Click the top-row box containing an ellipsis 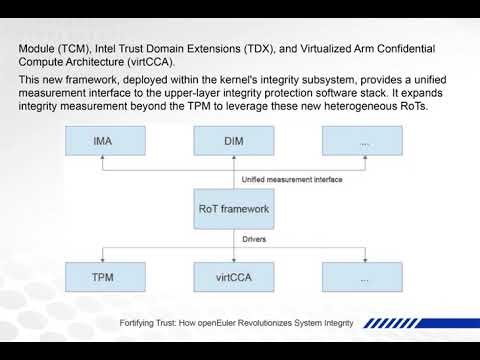click(364, 142)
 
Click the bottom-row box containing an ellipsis click(364, 275)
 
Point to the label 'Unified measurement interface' click(292, 180)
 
